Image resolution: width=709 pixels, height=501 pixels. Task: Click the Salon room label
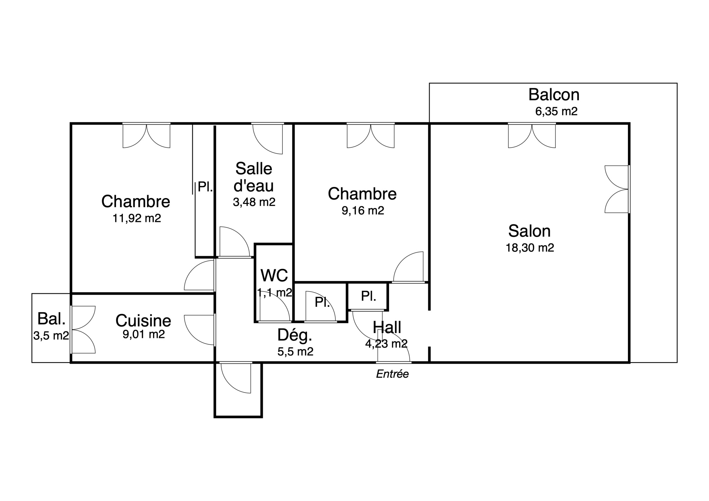(529, 231)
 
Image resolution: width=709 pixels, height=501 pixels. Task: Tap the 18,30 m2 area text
(530, 248)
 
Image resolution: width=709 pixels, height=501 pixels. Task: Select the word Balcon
(554, 95)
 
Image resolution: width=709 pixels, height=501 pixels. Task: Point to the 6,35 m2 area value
(556, 111)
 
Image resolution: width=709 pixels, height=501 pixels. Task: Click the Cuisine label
(143, 321)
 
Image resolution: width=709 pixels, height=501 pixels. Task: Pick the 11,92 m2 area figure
(137, 218)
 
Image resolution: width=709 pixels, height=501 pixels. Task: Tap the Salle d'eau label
(254, 177)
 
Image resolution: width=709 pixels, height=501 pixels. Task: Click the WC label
(274, 276)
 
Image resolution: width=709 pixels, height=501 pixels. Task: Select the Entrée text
(393, 374)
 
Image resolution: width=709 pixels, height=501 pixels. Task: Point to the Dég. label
(295, 335)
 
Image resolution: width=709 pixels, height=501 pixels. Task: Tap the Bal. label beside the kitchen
(51, 319)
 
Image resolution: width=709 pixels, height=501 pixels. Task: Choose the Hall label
(387, 327)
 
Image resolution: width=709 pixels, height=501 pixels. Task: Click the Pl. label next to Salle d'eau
(205, 187)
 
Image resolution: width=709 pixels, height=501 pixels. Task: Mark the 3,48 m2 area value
(254, 202)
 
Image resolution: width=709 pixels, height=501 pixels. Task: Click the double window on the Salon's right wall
(617, 189)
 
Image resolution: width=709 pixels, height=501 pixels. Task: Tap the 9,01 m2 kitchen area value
(144, 334)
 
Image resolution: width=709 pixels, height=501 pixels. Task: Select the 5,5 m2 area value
(295, 352)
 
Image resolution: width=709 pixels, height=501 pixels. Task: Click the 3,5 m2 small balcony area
(51, 336)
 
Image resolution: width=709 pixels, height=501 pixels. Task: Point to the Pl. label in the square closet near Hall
(368, 296)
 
